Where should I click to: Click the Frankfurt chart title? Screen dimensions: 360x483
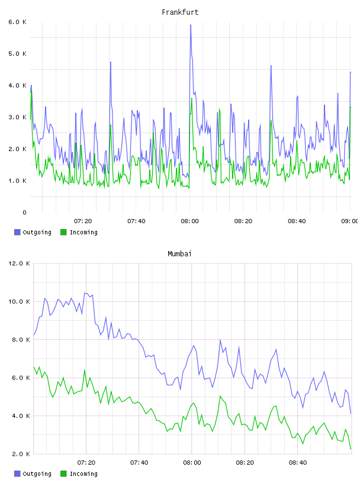click(x=180, y=12)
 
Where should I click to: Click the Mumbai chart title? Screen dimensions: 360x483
click(x=179, y=254)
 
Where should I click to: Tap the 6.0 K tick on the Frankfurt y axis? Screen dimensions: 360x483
click(x=17, y=22)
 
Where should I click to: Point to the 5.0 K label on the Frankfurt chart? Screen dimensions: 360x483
click(x=17, y=54)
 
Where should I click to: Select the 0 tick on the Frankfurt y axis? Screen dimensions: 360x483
click(x=24, y=212)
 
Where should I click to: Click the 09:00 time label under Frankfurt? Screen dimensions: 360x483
click(x=349, y=221)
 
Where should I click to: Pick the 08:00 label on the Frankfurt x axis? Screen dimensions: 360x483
click(x=190, y=221)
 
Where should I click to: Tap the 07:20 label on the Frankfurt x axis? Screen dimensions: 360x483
click(x=83, y=221)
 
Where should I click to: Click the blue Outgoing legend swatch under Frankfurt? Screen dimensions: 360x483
click(x=17, y=232)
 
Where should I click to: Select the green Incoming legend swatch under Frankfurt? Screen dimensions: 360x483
click(x=63, y=232)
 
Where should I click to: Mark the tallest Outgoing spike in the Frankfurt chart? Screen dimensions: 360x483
click(x=191, y=25)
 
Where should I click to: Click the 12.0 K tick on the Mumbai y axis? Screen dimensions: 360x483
click(x=19, y=263)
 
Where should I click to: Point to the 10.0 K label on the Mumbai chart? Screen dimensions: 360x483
click(x=19, y=301)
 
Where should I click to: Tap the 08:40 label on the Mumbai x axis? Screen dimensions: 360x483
click(x=298, y=462)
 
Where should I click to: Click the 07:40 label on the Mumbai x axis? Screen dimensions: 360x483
click(x=139, y=462)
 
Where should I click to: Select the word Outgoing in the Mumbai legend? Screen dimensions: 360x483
click(x=37, y=474)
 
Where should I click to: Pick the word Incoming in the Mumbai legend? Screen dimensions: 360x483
click(x=83, y=474)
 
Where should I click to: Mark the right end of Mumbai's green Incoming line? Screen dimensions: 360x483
click(x=351, y=449)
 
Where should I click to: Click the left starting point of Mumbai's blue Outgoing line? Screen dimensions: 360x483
click(x=34, y=334)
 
